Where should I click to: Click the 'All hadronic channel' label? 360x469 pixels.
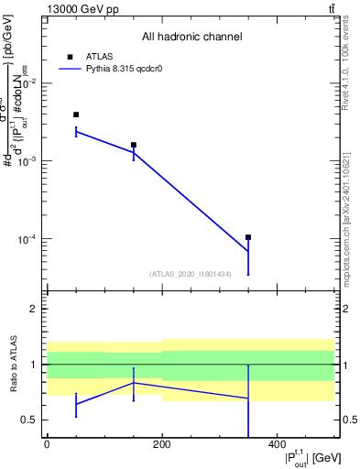[x=191, y=38]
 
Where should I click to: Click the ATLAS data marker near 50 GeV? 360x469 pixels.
[x=76, y=115]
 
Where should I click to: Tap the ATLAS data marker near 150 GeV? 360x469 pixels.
[x=134, y=145]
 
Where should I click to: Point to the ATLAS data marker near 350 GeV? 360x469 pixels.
[x=248, y=237]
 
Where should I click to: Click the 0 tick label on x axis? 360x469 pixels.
[x=47, y=445]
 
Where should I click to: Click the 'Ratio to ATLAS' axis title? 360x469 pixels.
[x=12, y=364]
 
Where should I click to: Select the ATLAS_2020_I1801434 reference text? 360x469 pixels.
[x=191, y=274]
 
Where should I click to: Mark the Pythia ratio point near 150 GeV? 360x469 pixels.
[x=134, y=383]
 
